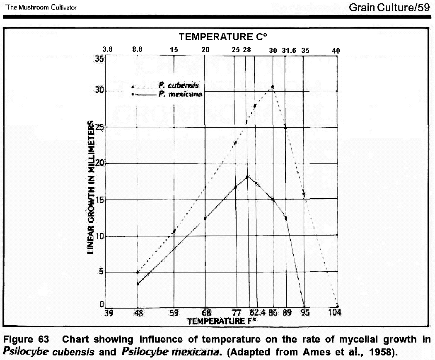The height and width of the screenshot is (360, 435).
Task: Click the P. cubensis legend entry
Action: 179,85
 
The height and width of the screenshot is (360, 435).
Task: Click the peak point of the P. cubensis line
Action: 273,87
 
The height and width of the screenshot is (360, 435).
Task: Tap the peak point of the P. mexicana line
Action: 247,177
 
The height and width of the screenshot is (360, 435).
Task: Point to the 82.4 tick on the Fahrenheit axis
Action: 258,312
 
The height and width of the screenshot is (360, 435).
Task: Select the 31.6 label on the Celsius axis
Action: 289,50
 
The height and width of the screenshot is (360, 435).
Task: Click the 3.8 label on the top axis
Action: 107,49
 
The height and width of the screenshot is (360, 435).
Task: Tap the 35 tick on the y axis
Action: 99,59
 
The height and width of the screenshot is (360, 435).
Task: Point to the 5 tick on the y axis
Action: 101,272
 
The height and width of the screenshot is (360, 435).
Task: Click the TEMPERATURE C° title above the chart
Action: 222,37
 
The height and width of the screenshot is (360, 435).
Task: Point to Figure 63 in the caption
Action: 26,339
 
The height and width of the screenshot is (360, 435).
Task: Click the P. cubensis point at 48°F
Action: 137,272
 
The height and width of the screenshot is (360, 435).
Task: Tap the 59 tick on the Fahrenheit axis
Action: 174,312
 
